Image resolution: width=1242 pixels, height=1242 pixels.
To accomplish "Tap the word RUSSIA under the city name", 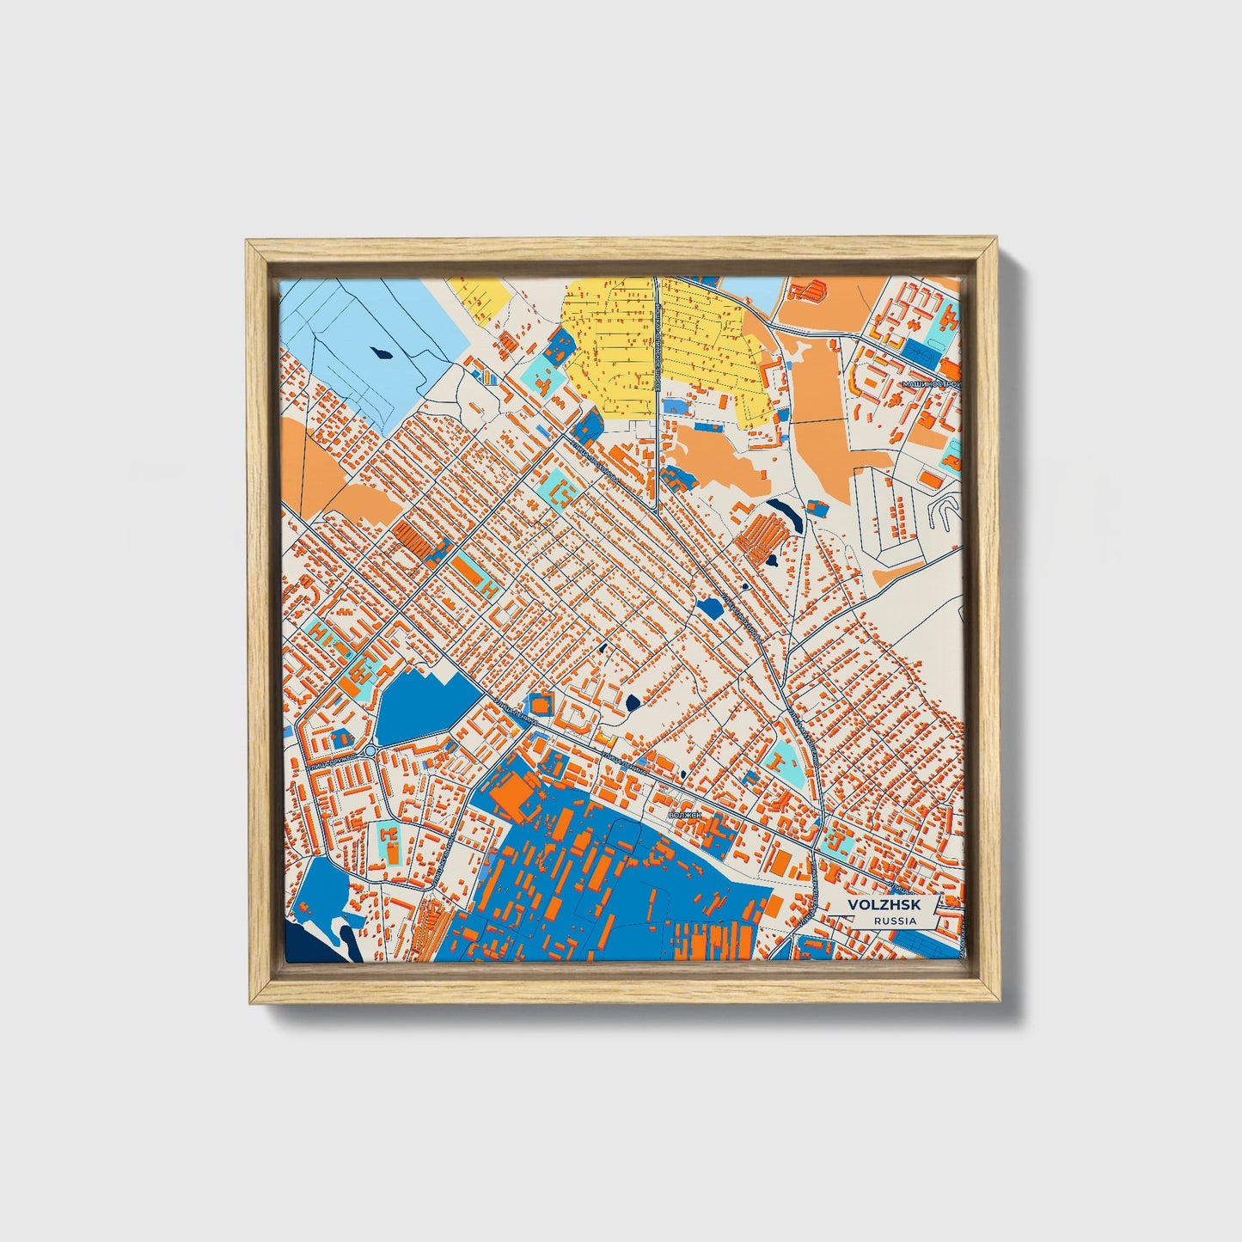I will coord(894,921).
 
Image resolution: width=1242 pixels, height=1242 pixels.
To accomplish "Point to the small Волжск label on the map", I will coord(685,813).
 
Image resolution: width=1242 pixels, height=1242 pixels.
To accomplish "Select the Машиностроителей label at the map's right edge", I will coord(932,384).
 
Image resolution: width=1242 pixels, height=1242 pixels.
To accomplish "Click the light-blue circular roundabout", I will coord(370,751).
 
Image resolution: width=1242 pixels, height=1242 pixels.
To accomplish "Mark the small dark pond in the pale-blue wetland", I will coord(378,351).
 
